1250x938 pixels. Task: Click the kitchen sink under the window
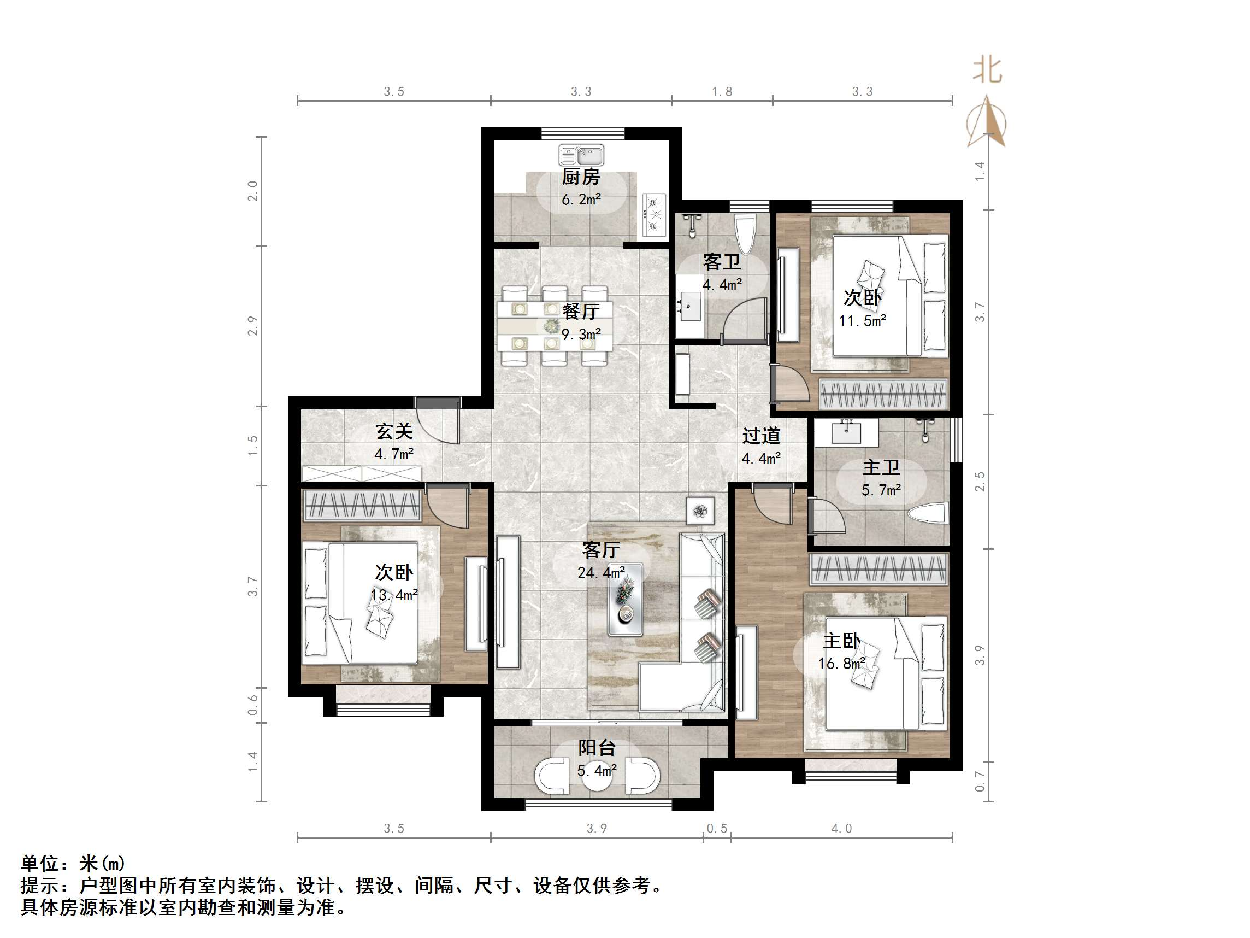click(581, 155)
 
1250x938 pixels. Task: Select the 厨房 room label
click(580, 178)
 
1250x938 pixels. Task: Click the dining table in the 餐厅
click(554, 326)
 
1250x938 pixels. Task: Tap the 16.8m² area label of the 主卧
click(841, 663)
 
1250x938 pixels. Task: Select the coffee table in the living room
click(625, 599)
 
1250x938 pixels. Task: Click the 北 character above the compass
click(987, 71)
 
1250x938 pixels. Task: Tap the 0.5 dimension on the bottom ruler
click(717, 829)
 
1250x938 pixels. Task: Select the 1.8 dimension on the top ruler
click(722, 92)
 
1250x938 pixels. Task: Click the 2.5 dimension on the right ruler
click(980, 481)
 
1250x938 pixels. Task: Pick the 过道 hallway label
click(761, 436)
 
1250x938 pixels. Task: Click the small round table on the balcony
click(597, 778)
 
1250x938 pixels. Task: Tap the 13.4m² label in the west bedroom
click(394, 595)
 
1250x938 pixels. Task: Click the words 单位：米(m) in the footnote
click(73, 863)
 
